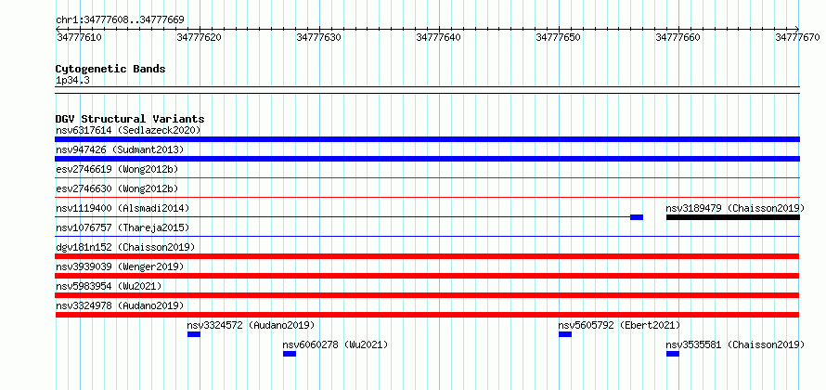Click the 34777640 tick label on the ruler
pyautogui.click(x=438, y=37)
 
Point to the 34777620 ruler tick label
pyautogui.click(x=200, y=37)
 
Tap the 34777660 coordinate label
pyautogui.click(x=678, y=37)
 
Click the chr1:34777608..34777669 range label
pyautogui.click(x=120, y=20)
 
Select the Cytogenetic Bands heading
pyautogui.click(x=110, y=69)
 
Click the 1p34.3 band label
pyautogui.click(x=72, y=81)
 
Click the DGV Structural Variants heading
pyautogui.click(x=130, y=119)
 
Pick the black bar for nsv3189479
pyautogui.click(x=733, y=217)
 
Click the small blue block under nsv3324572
pyautogui.click(x=194, y=334)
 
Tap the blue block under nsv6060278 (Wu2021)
pyautogui.click(x=290, y=354)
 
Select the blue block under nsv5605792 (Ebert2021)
pyautogui.click(x=565, y=334)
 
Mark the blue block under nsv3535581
pyautogui.click(x=673, y=354)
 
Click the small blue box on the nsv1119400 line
pyautogui.click(x=637, y=217)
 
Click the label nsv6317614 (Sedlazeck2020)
pyautogui.click(x=128, y=130)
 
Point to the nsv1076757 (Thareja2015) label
pyautogui.click(x=123, y=227)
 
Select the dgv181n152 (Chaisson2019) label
pyautogui.click(x=125, y=247)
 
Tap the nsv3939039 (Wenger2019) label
pyautogui.click(x=120, y=266)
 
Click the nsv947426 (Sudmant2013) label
pyautogui.click(x=120, y=149)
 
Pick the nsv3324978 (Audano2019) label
pyautogui.click(x=120, y=305)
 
